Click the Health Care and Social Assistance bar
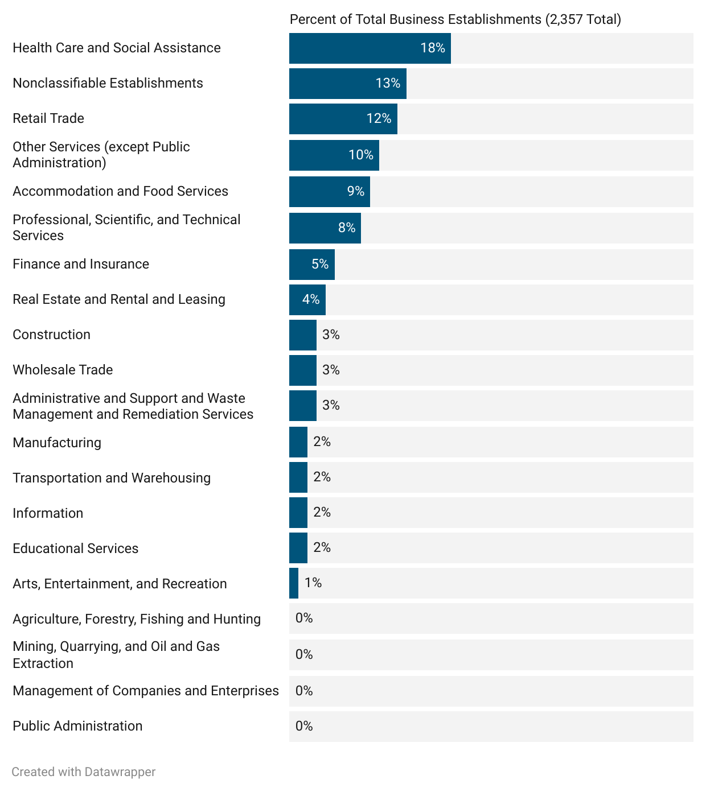click(370, 48)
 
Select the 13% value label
click(388, 84)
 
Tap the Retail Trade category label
click(48, 118)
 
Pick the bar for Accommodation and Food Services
click(329, 192)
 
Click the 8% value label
click(347, 228)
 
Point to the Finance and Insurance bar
click(311, 265)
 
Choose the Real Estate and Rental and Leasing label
click(119, 299)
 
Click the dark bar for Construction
click(302, 335)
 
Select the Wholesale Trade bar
click(302, 370)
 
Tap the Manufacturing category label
click(57, 443)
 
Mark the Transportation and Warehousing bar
click(298, 477)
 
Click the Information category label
click(48, 513)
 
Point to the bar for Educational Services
click(298, 548)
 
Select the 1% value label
click(313, 583)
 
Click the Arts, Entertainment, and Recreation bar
click(293, 583)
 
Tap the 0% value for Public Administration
click(304, 726)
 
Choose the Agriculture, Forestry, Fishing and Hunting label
click(137, 619)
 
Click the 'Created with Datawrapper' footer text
click(83, 772)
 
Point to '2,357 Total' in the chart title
click(583, 20)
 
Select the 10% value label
click(361, 155)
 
